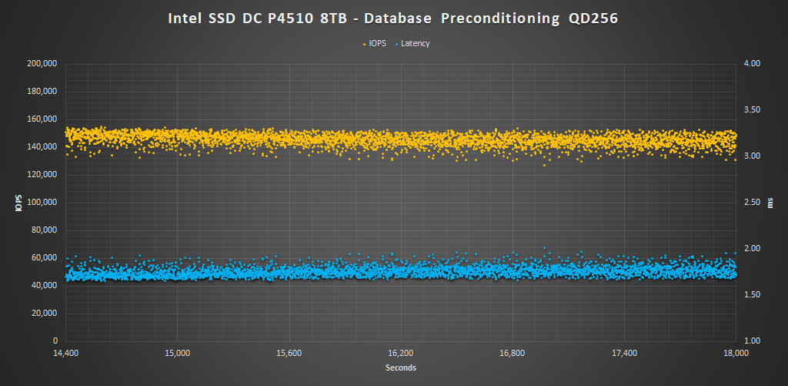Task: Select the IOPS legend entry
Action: tap(378, 44)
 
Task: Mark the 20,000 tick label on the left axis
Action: tap(45, 313)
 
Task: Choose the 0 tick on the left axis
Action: tap(55, 341)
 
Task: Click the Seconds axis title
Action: tap(400, 368)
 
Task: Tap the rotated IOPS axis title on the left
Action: tap(16, 203)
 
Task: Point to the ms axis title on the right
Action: tap(772, 202)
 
